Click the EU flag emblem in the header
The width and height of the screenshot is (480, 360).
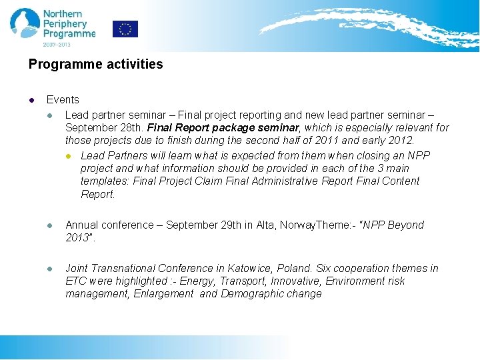(125, 29)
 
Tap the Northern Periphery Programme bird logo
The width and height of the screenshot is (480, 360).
(25, 23)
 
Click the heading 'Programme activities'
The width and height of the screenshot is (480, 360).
(95, 64)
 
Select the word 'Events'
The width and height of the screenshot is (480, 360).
(63, 99)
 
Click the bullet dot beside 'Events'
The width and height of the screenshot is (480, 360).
(31, 100)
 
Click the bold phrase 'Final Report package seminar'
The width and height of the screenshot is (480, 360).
(223, 127)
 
